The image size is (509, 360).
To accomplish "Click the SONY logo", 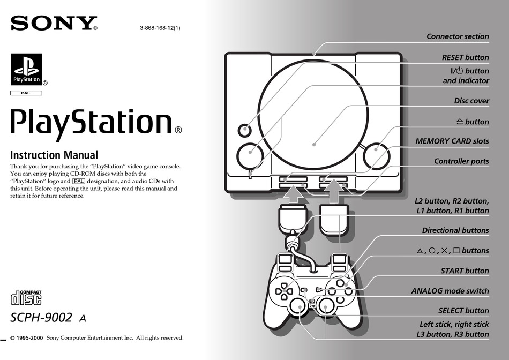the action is coord(54,23).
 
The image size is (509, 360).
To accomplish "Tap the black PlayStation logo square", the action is coord(26,69).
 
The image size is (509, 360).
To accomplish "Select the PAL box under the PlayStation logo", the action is coord(26,93).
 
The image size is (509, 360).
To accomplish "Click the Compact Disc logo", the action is coord(26,298).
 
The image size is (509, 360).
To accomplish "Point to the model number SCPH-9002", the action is coord(41,317).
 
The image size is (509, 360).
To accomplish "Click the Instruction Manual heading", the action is coord(54,155).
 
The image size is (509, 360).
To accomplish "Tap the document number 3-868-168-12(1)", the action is coord(160,28).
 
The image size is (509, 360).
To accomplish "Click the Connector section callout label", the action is coord(458,36).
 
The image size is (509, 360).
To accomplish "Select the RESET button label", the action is coord(465,57).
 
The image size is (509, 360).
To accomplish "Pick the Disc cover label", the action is coord(471,101).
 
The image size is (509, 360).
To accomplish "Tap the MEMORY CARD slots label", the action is coord(452,141).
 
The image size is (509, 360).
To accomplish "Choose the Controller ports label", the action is coord(462,161).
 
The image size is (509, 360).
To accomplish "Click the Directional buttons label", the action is coord(455,230).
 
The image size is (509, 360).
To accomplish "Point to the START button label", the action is coord(465,271).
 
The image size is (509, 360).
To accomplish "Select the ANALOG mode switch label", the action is coord(450,291).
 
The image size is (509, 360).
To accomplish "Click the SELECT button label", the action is coord(463,311).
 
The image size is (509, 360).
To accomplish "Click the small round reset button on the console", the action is coord(244,131).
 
